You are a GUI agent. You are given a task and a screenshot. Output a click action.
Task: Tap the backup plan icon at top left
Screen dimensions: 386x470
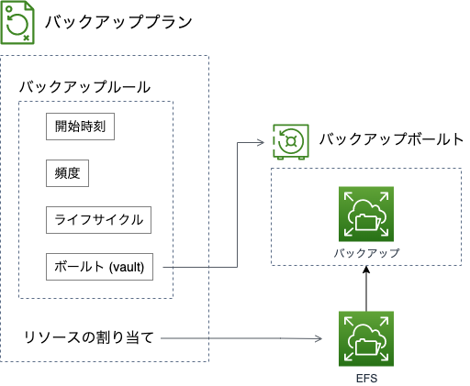(19, 23)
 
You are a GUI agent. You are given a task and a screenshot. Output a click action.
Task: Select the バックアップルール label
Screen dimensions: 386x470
(84, 87)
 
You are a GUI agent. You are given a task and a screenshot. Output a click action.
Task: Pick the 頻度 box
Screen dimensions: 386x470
(66, 173)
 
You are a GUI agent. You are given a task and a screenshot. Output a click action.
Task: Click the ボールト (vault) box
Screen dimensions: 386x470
(101, 268)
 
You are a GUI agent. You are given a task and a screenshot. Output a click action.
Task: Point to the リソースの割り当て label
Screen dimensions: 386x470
(89, 339)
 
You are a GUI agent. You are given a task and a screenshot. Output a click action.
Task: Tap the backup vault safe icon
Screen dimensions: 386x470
(291, 141)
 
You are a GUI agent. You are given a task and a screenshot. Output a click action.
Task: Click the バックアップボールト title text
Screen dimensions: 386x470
(390, 140)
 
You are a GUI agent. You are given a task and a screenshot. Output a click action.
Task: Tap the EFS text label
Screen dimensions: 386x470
(365, 377)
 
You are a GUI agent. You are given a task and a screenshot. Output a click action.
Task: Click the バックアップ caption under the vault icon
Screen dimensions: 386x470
(365, 251)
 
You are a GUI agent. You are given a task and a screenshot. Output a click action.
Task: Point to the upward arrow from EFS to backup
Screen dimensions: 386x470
(365, 289)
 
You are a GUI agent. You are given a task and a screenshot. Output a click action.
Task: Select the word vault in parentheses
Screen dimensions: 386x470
(134, 268)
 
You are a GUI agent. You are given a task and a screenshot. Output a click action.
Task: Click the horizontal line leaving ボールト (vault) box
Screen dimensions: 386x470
(197, 268)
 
